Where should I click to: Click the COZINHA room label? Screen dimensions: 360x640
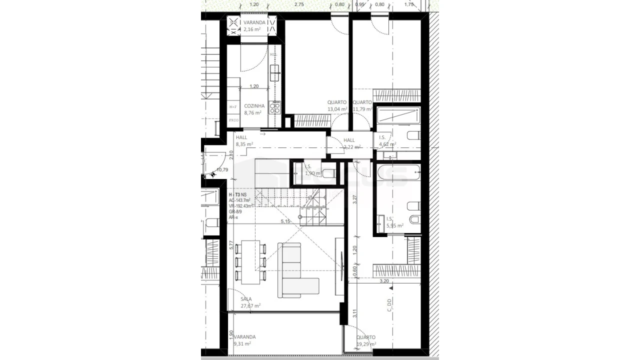point(254,106)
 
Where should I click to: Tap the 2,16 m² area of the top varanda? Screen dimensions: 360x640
point(251,29)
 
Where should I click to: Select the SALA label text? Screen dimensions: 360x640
point(246,299)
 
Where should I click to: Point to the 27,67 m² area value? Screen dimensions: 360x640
point(250,305)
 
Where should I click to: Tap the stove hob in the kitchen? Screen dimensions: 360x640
point(275,107)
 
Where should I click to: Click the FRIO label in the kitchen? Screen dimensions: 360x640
point(233,120)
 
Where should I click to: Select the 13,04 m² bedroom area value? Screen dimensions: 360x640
point(337,109)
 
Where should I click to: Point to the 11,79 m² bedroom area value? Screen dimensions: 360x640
point(362,109)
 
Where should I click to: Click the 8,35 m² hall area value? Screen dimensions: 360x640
point(244,144)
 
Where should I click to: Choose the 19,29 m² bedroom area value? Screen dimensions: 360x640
point(366,344)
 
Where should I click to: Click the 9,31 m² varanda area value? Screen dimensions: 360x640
point(242,344)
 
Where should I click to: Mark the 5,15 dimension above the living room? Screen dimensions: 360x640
point(285,221)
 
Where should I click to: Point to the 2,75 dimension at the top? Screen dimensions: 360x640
point(299,4)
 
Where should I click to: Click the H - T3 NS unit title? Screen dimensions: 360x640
point(237,194)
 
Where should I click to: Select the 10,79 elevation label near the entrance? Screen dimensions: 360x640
point(222,170)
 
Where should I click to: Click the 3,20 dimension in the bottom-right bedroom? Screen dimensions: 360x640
point(384,281)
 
